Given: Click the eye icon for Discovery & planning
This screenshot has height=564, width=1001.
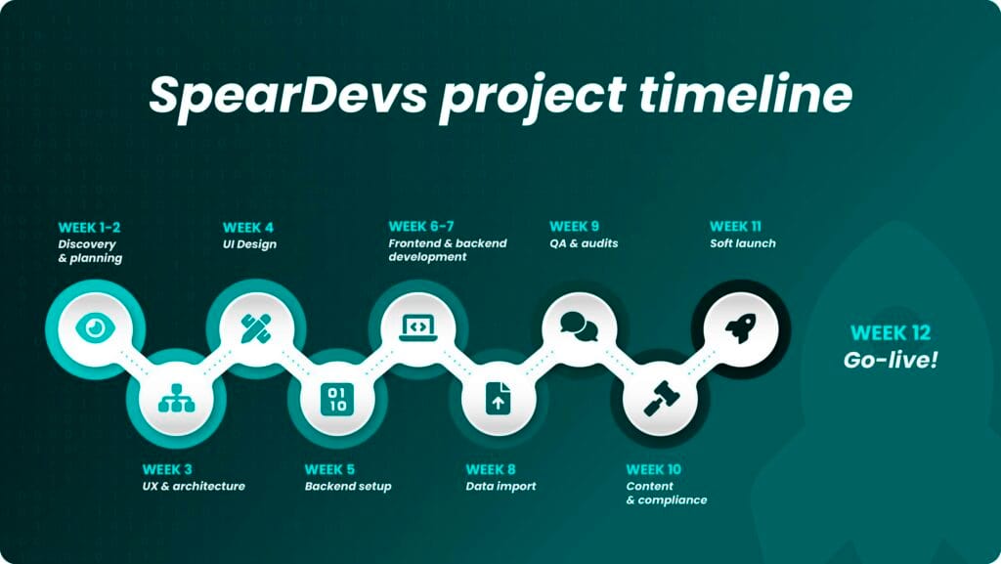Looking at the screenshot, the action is [95, 328].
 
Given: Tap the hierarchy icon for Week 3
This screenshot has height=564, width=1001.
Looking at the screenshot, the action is [176, 398].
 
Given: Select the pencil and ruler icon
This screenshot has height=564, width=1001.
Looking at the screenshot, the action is [257, 328].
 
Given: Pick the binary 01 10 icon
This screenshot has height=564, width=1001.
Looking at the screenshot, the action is [337, 399].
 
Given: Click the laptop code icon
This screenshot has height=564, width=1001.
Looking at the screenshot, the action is [418, 328].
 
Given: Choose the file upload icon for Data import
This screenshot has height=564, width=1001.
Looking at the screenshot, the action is [498, 398].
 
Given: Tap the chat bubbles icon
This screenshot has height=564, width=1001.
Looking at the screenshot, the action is [579, 326].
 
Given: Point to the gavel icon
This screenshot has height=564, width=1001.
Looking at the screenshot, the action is [661, 399].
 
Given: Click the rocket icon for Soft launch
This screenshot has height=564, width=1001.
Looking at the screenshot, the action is [741, 328].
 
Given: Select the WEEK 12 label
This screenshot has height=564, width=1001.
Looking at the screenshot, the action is [891, 333].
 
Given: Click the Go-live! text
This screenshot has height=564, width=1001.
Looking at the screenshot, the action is [891, 361].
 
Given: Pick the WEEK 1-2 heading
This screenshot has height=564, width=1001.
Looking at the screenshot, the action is [89, 227].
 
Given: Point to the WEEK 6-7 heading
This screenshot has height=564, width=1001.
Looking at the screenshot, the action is [421, 227].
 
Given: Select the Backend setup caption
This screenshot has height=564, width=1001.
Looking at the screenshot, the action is [348, 486].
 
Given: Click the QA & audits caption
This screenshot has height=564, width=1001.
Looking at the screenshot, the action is [584, 243].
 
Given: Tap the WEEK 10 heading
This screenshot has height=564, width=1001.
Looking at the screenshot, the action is [654, 469].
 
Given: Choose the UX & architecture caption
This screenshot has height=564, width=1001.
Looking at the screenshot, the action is [194, 486].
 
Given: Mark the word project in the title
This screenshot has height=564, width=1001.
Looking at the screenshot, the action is [533, 97].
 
